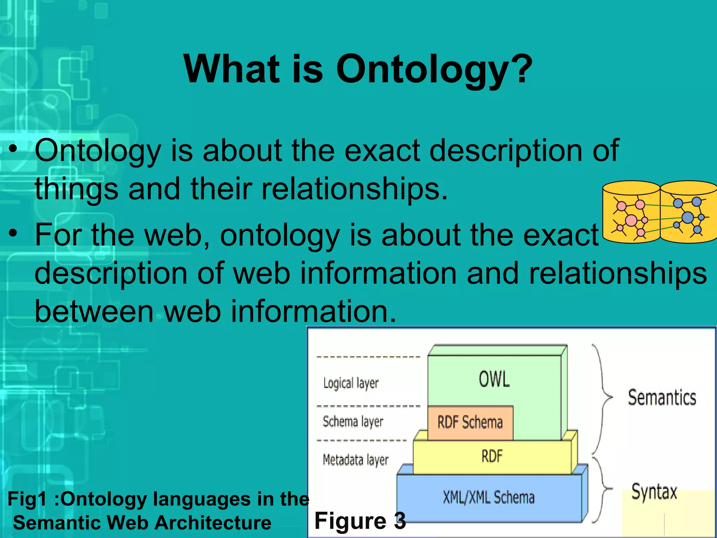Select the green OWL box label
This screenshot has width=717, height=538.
click(x=494, y=379)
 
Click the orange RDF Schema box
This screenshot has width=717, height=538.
click(x=470, y=422)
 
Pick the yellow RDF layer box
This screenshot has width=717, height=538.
click(x=492, y=456)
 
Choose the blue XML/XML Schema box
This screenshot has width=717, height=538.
click(x=489, y=497)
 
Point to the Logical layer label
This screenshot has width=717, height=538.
click(x=351, y=383)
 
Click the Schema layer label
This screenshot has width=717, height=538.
click(x=353, y=421)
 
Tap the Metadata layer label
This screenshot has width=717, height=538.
click(x=355, y=460)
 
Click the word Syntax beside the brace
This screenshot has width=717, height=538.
click(x=654, y=491)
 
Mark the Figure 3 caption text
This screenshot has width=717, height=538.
click(x=360, y=520)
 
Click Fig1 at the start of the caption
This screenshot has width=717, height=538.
click(x=27, y=499)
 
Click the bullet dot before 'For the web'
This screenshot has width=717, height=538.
click(x=13, y=233)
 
